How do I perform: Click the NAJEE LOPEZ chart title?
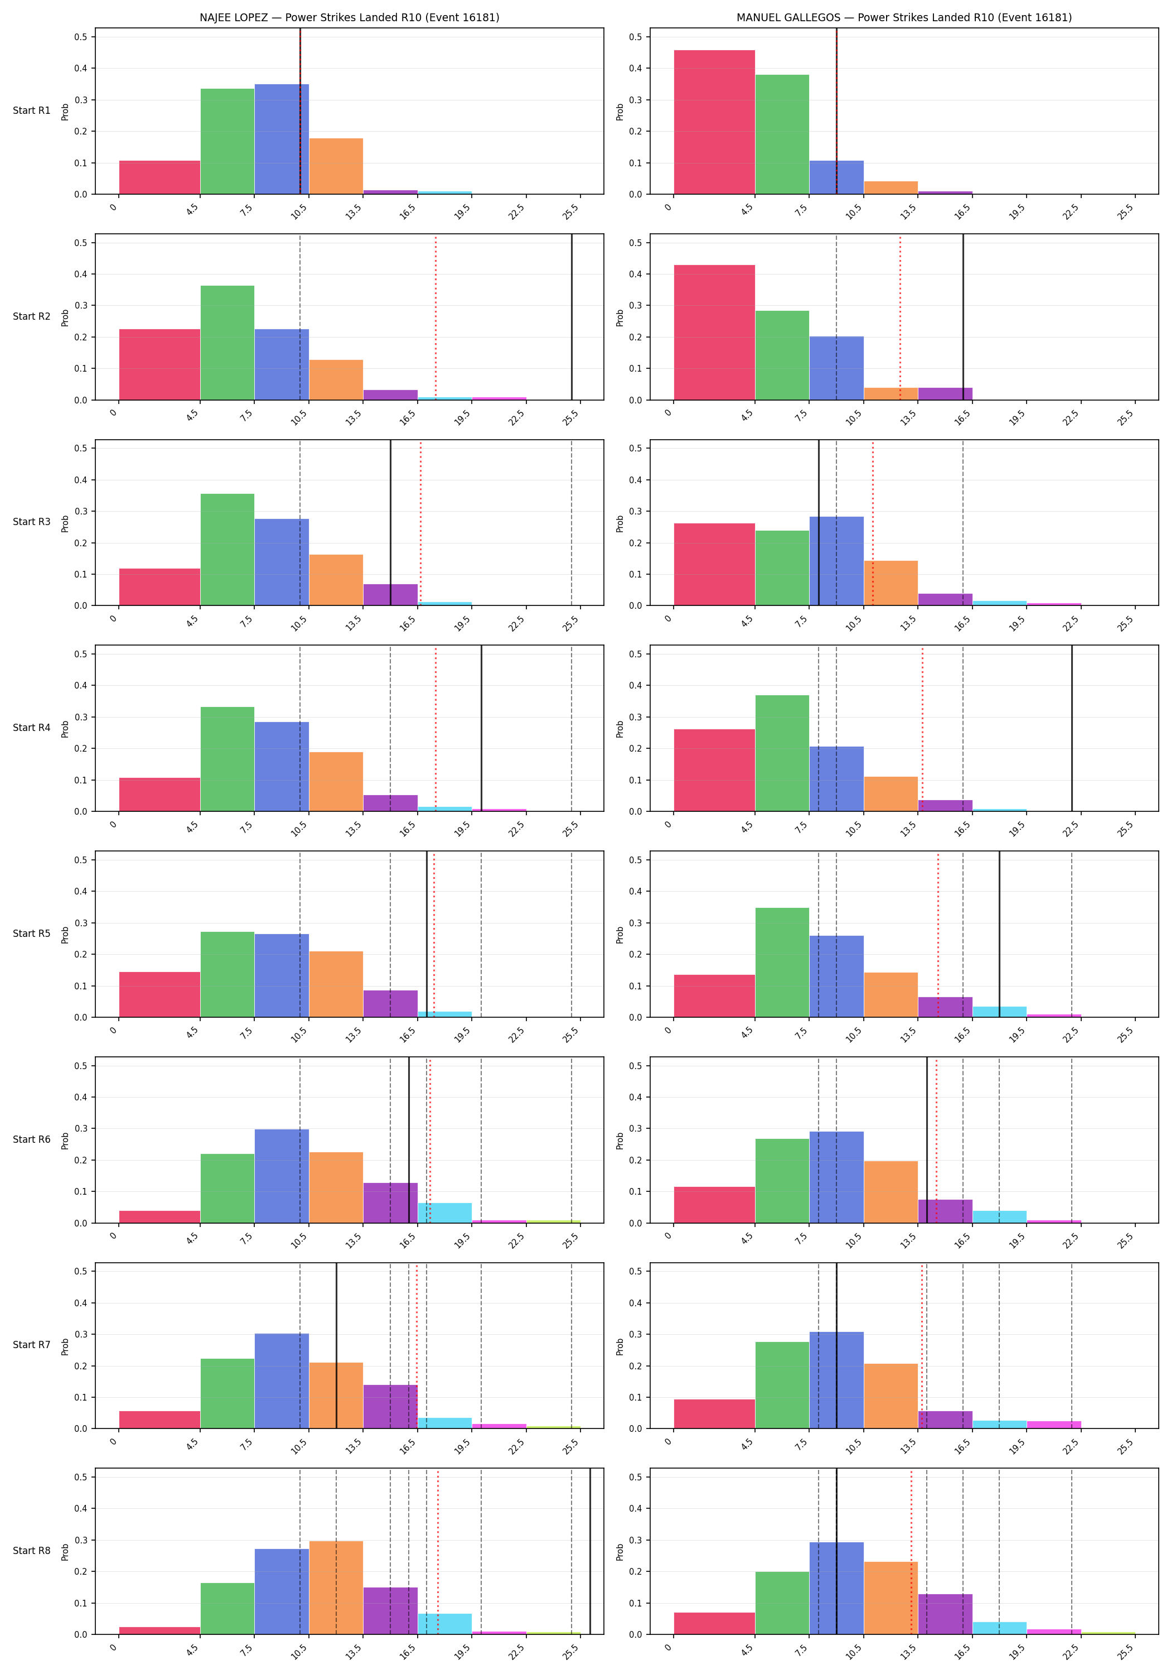click(x=349, y=17)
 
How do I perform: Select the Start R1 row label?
click(x=32, y=111)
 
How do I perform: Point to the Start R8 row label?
click(x=32, y=1550)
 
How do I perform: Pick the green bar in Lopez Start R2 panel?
click(x=228, y=343)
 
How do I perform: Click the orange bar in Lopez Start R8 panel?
click(x=336, y=1588)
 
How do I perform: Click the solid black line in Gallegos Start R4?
click(x=1072, y=728)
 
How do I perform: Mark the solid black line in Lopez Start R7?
click(x=336, y=1345)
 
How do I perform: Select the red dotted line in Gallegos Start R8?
click(x=911, y=1551)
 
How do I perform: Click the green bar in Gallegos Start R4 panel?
click(x=782, y=753)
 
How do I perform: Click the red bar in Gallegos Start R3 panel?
click(x=714, y=564)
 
